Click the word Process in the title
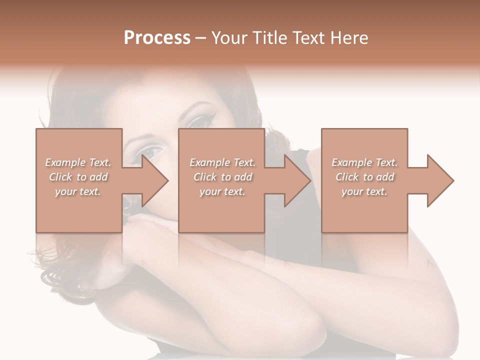click(157, 38)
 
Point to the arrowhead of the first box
click(155, 180)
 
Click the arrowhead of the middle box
click(298, 180)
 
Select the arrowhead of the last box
click(440, 180)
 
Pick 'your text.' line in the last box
click(364, 191)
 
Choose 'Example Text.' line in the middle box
click(222, 162)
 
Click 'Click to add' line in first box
click(78, 177)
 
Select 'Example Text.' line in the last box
click(364, 162)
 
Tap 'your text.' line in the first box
click(78, 191)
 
